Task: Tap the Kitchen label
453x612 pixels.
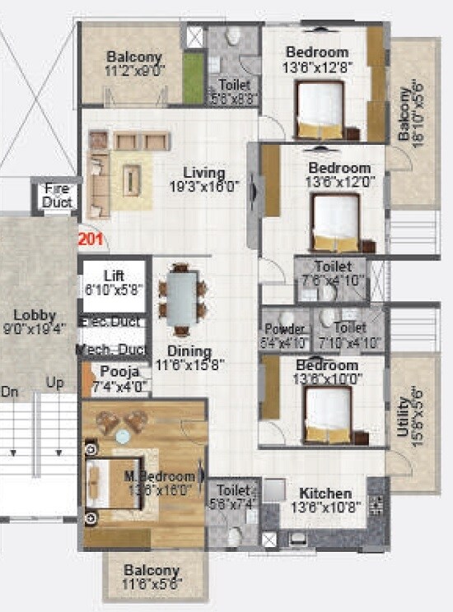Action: pyautogui.click(x=325, y=494)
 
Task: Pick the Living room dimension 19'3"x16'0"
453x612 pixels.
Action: pyautogui.click(x=205, y=187)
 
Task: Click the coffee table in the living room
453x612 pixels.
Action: pyautogui.click(x=132, y=180)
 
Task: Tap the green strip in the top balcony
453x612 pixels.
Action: pyautogui.click(x=194, y=79)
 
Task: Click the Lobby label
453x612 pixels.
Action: pyautogui.click(x=34, y=316)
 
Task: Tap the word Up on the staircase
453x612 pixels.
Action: pyautogui.click(x=56, y=383)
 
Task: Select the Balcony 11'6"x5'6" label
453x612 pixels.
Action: pyautogui.click(x=152, y=570)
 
